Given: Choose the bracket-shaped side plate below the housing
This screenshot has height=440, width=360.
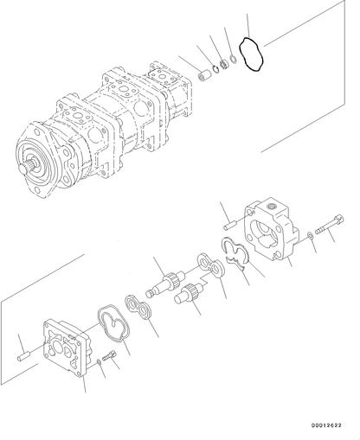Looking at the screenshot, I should click(x=233, y=256).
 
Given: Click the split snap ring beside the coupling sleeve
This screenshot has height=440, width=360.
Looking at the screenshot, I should click(x=220, y=69).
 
